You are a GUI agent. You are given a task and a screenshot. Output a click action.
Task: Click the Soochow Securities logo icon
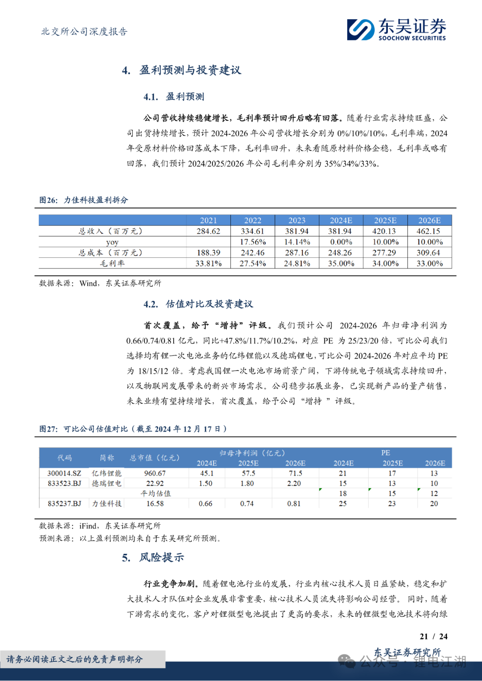pos(361,29)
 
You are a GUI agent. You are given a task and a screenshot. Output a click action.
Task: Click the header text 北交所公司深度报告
pos(84,32)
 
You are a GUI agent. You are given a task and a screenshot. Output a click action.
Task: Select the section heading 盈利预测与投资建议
pos(190,70)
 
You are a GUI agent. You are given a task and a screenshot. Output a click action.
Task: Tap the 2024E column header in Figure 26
pos(341,220)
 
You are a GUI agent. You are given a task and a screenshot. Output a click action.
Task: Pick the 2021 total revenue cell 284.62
pos(208,231)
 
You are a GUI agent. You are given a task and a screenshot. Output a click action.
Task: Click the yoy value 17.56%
pos(253,242)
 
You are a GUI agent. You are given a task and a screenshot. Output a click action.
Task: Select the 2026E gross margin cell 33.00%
pos(429,263)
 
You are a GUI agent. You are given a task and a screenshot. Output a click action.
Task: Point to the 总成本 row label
pos(111,252)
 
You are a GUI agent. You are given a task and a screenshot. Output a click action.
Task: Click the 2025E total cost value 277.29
pos(385,252)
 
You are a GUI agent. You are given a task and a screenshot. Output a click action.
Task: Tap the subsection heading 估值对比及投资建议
pos(209,304)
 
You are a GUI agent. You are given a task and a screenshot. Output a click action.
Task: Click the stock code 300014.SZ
pos(64,473)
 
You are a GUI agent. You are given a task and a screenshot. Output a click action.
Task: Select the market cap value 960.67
pos(155,473)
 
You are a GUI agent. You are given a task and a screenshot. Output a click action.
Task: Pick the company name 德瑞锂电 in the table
pos(107,483)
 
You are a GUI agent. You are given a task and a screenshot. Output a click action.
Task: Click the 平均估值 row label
pos(156,493)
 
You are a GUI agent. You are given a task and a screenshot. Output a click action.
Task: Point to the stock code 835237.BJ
pos(64,504)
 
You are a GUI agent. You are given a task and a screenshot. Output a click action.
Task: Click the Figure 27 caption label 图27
pos(48,429)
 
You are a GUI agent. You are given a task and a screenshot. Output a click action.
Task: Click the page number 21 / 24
pos(433,636)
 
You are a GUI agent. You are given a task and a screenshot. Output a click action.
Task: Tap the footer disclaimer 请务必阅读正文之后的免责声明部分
pos(75,659)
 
